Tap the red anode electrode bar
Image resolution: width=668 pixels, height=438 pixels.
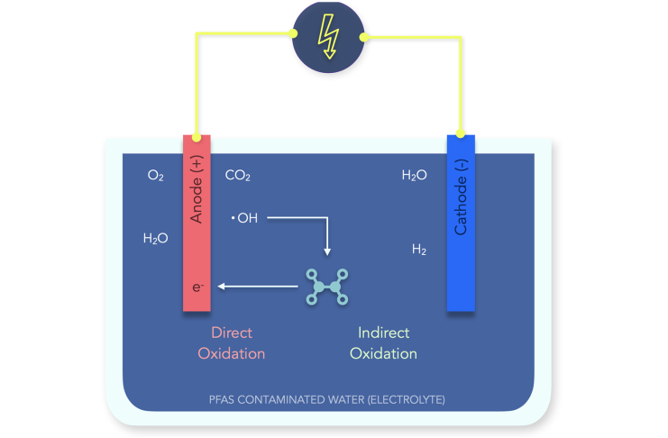(x=197, y=252)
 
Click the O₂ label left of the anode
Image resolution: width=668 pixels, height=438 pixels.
(x=155, y=176)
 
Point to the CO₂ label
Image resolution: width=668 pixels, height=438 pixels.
(x=238, y=176)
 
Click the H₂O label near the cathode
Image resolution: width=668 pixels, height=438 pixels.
(x=414, y=176)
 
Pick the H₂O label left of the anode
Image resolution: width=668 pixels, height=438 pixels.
(x=155, y=239)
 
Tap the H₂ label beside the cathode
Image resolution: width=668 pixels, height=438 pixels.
(x=419, y=250)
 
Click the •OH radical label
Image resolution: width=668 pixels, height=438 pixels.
(x=243, y=217)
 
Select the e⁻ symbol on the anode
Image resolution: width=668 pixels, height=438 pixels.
(x=197, y=287)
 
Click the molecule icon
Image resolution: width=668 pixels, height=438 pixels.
(x=327, y=287)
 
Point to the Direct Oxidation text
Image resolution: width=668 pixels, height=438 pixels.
(x=231, y=343)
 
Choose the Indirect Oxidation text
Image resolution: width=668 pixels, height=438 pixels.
(x=383, y=343)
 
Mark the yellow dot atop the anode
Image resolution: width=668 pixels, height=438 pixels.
(x=197, y=135)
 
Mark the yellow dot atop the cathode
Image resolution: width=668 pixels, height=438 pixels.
(x=461, y=135)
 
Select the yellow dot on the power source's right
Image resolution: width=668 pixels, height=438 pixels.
(x=363, y=37)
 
